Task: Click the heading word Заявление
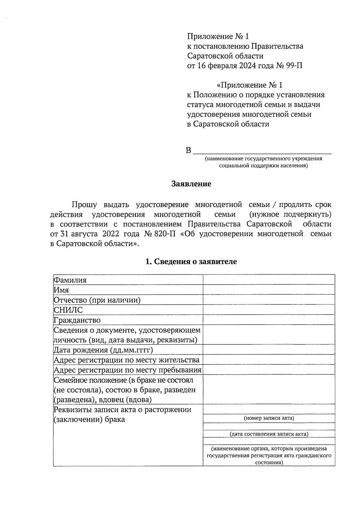click(191, 184)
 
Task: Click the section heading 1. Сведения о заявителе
click(191, 261)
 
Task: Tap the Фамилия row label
click(70, 280)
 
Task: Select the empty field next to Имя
click(269, 290)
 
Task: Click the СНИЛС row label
click(68, 310)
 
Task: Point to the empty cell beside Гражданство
click(269, 320)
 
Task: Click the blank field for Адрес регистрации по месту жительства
click(269, 360)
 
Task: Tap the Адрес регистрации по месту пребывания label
click(127, 370)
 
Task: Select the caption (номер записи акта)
click(269, 418)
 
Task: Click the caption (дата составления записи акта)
click(269, 434)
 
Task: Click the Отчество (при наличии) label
click(97, 300)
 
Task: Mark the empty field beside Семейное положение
click(269, 389)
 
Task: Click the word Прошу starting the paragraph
click(84, 205)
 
